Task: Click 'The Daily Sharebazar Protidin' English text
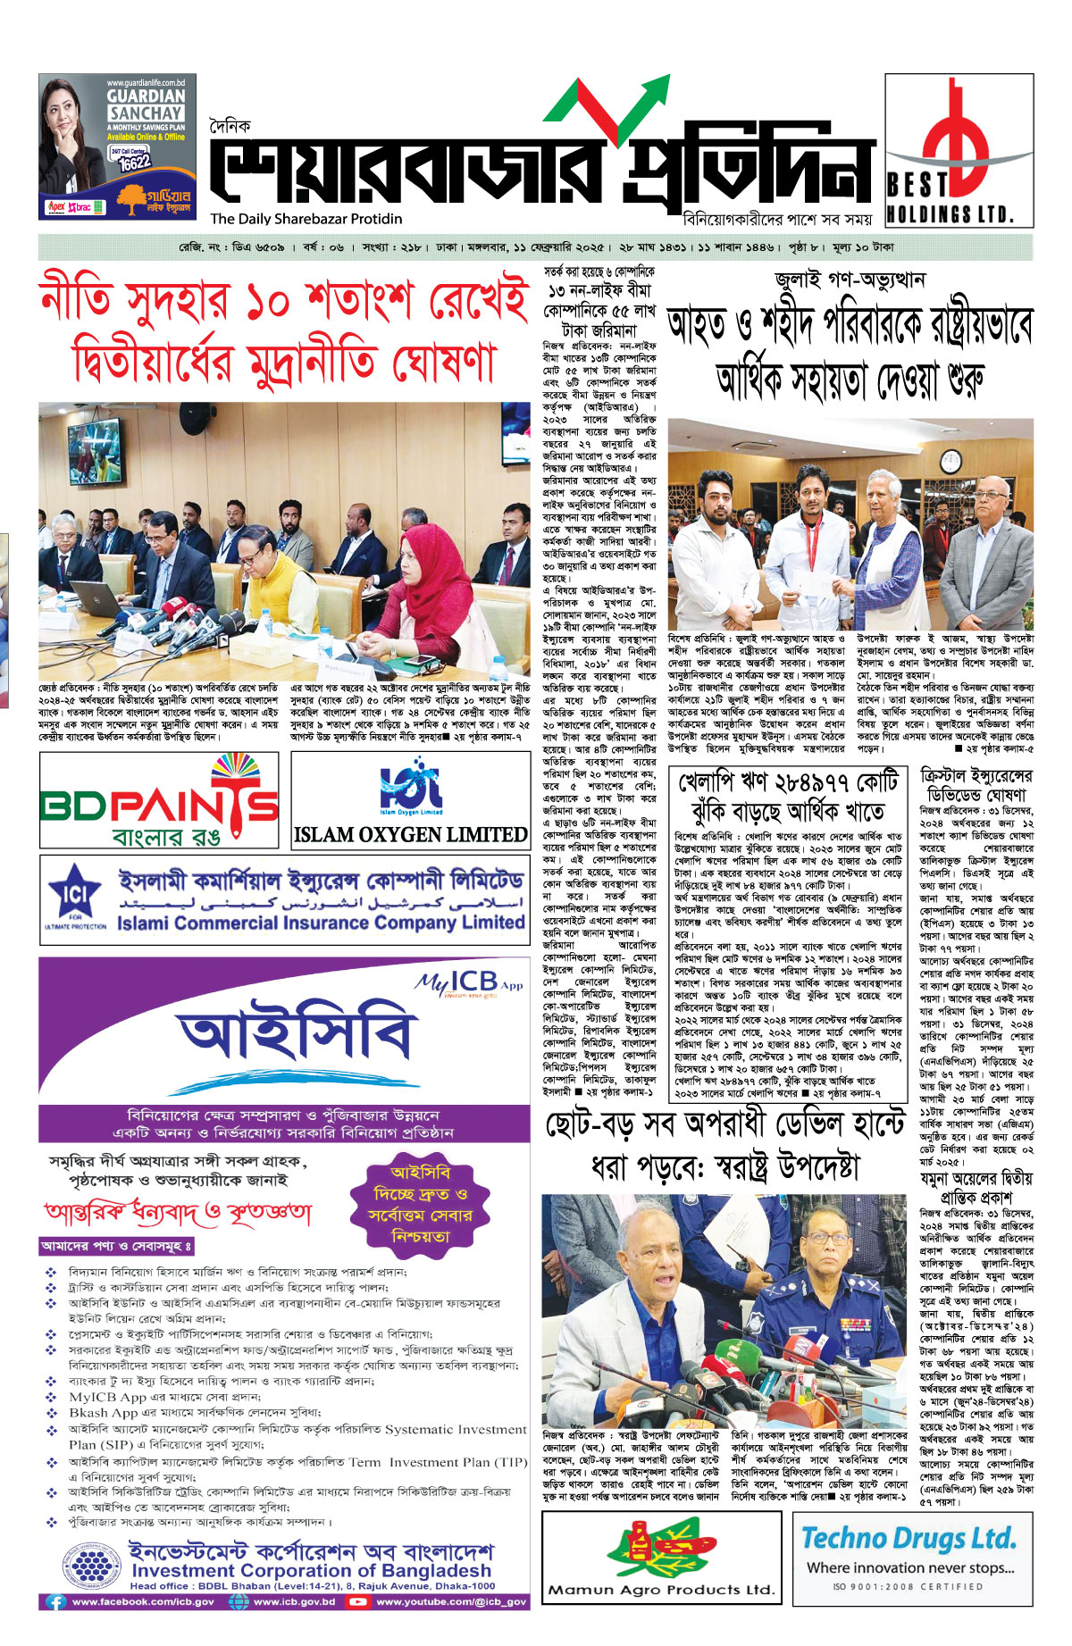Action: [x=306, y=219]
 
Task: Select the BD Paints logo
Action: [x=159, y=799]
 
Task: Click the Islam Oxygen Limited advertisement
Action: [x=410, y=799]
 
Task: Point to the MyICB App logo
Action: [x=469, y=983]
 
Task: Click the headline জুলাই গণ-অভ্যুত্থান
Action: [x=850, y=279]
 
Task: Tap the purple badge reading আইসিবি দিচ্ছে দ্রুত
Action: [x=419, y=1205]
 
